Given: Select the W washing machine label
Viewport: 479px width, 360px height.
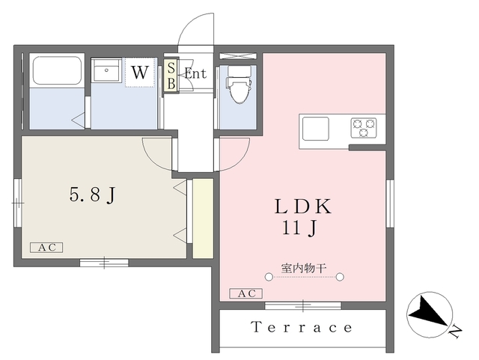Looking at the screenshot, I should click(139, 73).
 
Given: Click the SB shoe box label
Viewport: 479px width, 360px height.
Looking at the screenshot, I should click(171, 76).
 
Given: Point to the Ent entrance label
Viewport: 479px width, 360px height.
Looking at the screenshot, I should click(195, 73).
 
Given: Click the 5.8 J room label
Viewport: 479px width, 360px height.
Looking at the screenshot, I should click(93, 195).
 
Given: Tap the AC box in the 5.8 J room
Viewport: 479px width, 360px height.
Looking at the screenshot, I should click(46, 248).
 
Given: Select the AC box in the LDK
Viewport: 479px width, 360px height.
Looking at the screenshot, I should click(242, 293).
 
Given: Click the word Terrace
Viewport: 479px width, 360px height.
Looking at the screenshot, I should click(302, 327).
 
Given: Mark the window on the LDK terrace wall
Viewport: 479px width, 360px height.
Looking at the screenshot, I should click(303, 305).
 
